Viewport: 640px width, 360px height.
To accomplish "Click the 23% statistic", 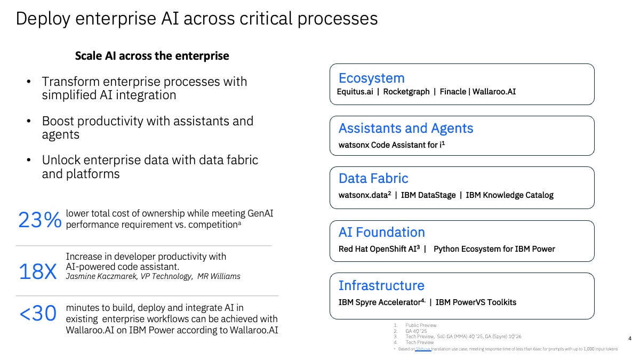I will tap(39, 220).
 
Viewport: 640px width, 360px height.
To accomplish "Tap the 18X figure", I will tap(37, 272).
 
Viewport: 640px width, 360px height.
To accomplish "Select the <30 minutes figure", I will tap(37, 314).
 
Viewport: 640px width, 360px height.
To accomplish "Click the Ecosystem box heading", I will tap(371, 78).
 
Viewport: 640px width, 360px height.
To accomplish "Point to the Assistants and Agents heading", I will tap(405, 129).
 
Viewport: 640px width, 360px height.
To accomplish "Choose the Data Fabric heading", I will tap(373, 179).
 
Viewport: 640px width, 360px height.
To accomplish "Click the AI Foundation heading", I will tap(381, 233).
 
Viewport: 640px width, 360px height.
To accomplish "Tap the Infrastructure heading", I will tap(381, 285).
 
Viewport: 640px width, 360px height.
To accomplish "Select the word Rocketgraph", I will tap(406, 92).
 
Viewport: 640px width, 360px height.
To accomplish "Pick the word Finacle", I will tap(452, 92).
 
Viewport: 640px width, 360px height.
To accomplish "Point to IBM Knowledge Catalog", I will tap(509, 195).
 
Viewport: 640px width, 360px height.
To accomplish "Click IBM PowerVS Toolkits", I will tap(476, 302).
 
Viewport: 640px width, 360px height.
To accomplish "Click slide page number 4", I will tap(630, 338).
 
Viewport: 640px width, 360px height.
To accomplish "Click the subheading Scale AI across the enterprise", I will tap(152, 56).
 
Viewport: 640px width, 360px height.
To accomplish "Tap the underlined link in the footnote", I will tap(423, 349).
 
